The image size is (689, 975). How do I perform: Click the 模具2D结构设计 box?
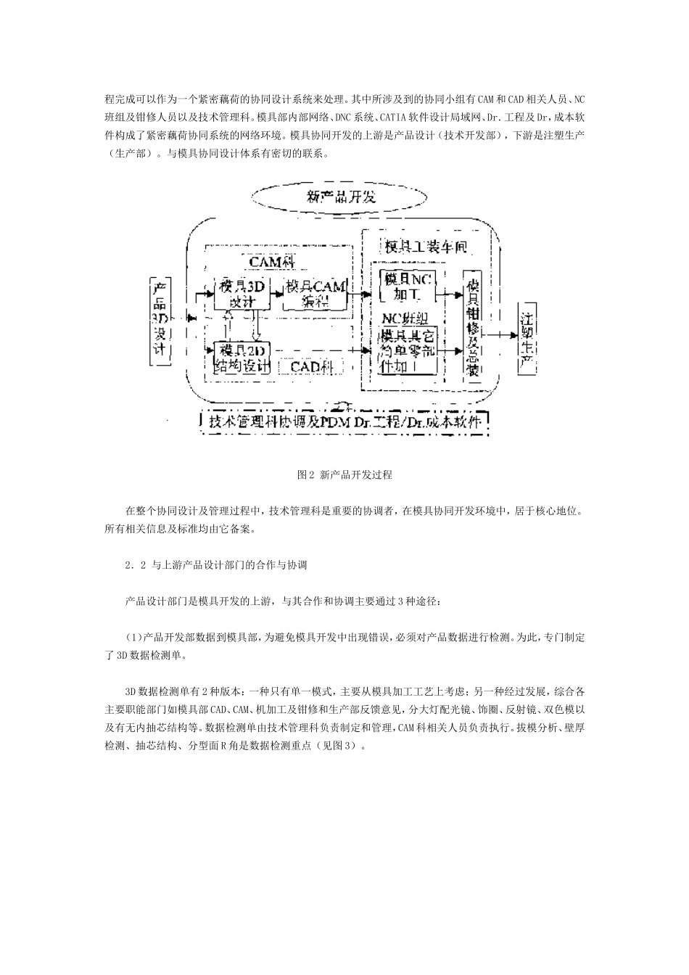239,358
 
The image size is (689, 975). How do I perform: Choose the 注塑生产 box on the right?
527,337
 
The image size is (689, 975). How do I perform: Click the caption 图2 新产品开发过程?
344,475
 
